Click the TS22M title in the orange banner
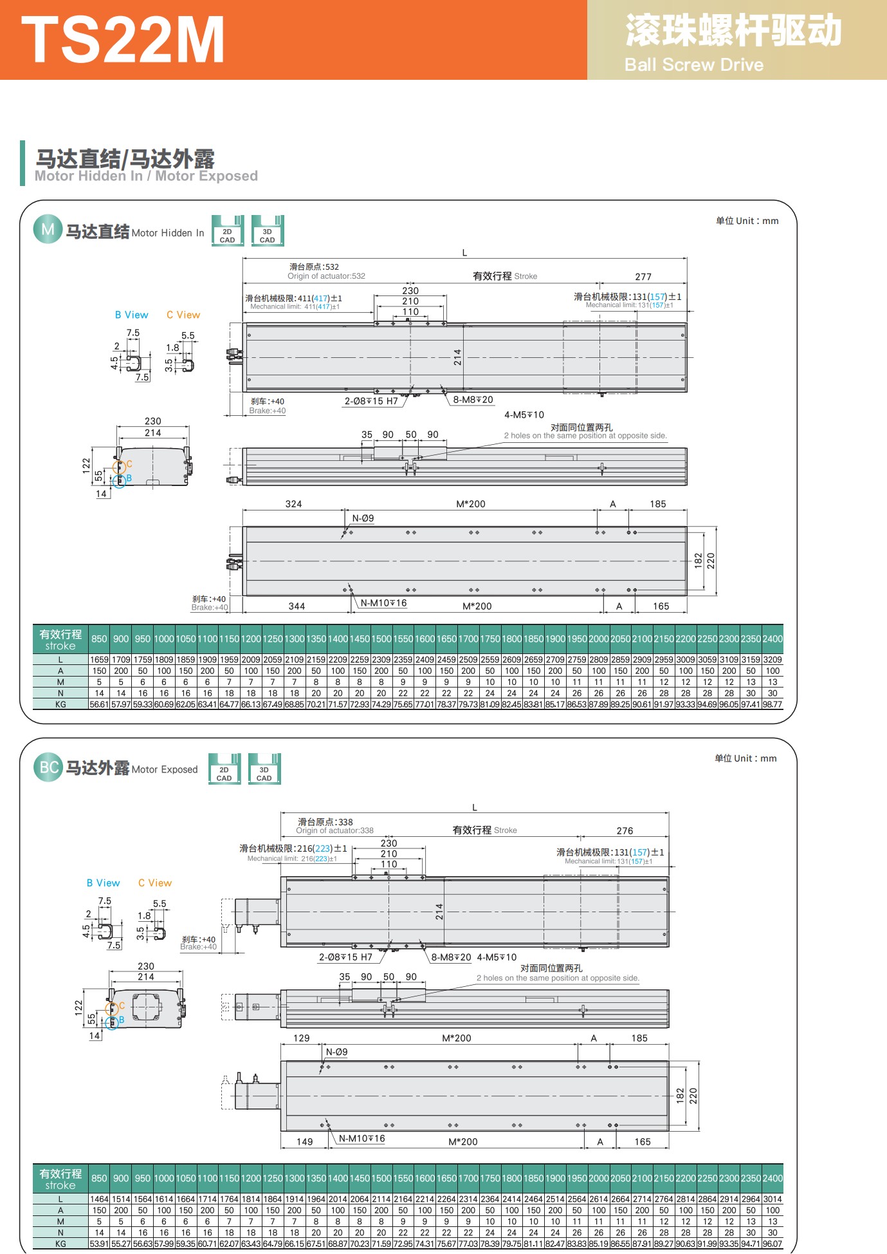(122, 40)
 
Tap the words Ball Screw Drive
(693, 65)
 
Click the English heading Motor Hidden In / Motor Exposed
(146, 176)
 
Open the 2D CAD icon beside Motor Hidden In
(228, 231)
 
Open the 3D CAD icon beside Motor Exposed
(264, 769)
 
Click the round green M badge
(48, 230)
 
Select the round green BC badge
(48, 767)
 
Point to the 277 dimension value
(643, 277)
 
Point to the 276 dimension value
(625, 831)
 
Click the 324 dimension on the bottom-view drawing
(293, 504)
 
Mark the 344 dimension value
(297, 606)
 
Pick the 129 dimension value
(301, 1038)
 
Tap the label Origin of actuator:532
(326, 276)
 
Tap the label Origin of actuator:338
(334, 830)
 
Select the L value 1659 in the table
(99, 660)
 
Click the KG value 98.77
(773, 705)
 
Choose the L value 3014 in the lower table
(773, 1199)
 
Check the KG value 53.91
(99, 1244)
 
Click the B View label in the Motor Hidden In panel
(131, 315)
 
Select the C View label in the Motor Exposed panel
(155, 883)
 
